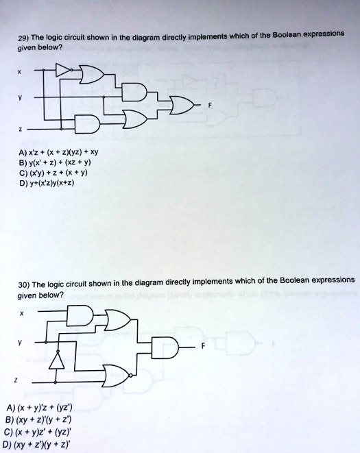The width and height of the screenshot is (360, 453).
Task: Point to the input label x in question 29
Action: [19, 73]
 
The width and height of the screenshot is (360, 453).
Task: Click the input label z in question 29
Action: [20, 130]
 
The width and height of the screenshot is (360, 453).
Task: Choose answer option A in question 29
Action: [58, 152]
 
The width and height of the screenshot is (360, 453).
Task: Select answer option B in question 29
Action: [55, 162]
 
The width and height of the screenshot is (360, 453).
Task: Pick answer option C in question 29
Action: [53, 173]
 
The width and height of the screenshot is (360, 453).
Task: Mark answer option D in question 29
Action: [46, 183]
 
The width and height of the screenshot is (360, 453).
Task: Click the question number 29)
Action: [23, 38]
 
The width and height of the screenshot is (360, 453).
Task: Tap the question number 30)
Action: [24, 285]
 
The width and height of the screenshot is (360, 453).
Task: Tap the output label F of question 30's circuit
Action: [203, 346]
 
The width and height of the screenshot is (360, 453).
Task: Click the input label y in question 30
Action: [19, 343]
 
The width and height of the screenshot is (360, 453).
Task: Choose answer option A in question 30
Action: [39, 408]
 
